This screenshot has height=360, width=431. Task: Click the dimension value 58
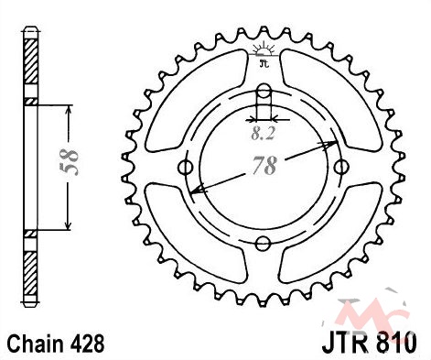click(70, 162)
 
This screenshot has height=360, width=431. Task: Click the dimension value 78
click(264, 166)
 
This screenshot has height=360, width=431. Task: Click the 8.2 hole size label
click(264, 134)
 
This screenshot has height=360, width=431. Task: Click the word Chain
click(37, 344)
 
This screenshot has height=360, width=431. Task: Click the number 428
click(87, 344)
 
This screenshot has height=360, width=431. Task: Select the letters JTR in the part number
click(344, 344)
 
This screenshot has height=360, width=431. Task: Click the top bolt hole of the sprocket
click(264, 91)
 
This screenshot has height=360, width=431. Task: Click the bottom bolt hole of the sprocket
click(263, 244)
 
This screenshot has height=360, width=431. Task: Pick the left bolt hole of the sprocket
click(185, 167)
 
